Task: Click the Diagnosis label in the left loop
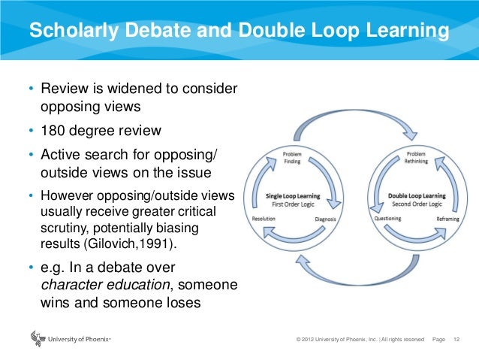pyautogui.click(x=324, y=219)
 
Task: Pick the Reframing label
pyautogui.click(x=448, y=219)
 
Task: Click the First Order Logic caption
pyautogui.click(x=294, y=204)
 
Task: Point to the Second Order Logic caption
pyautogui.click(x=416, y=204)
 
